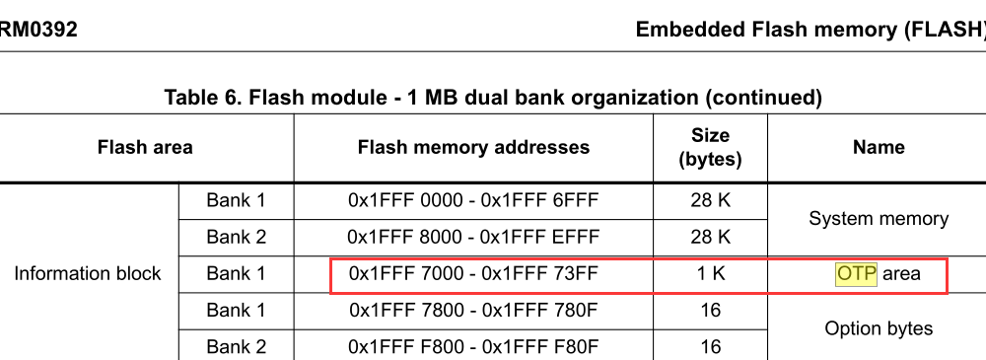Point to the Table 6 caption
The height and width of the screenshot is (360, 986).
[x=493, y=98]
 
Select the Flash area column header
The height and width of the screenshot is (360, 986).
[x=145, y=148]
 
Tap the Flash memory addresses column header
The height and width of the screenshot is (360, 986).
[x=473, y=148]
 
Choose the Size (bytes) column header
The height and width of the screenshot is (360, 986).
[x=710, y=147]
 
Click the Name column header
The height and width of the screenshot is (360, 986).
[x=878, y=148]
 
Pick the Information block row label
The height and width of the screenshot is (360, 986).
[x=88, y=273]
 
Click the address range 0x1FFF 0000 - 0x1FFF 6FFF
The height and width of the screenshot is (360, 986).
[x=473, y=200]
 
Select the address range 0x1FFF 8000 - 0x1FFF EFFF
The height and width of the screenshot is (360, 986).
[x=473, y=237]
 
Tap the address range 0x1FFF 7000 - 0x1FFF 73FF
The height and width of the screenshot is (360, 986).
[x=473, y=274]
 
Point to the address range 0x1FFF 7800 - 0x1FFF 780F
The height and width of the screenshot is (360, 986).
[x=473, y=311]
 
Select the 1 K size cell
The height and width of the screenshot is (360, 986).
[x=710, y=274]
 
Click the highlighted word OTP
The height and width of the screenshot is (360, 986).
[x=856, y=274]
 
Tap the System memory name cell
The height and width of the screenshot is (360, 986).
[x=878, y=219]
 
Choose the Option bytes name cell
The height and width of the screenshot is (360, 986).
[x=878, y=328]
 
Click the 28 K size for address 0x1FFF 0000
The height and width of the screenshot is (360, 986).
[x=710, y=200]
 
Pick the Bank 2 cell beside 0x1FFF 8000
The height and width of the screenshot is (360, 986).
[x=236, y=237]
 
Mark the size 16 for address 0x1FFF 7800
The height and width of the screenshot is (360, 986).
[x=710, y=311]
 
